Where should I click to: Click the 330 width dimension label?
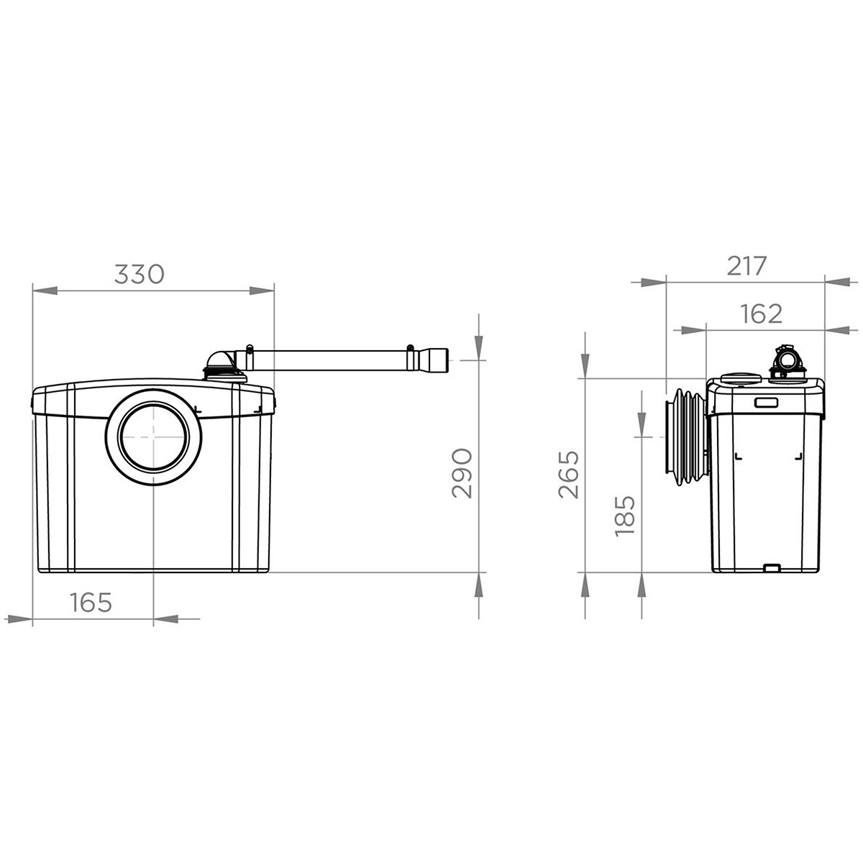point(140,275)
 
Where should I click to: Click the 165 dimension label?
point(91,603)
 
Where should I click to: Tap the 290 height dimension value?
point(462,473)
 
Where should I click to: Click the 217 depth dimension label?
point(747,266)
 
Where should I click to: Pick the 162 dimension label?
point(761,314)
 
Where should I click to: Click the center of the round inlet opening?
point(154,437)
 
